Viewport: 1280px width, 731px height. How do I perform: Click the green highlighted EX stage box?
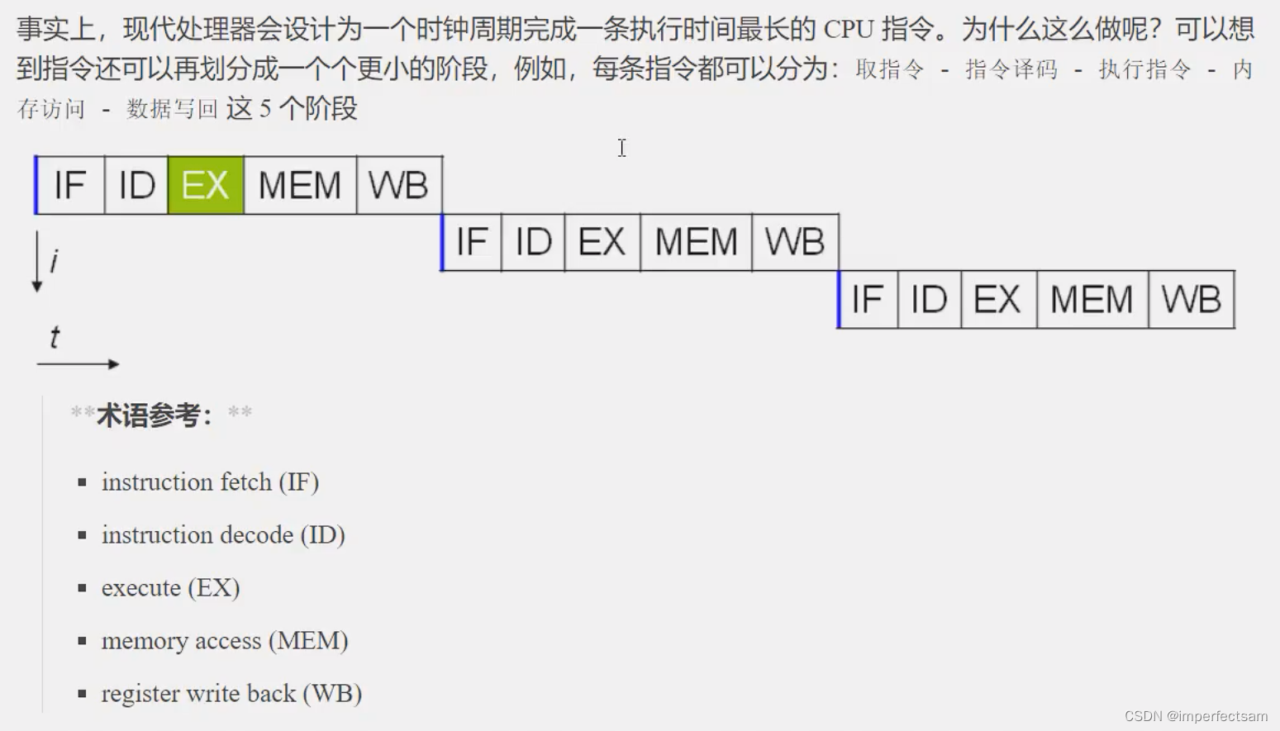pos(206,185)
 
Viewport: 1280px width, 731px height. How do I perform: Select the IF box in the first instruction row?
pos(70,185)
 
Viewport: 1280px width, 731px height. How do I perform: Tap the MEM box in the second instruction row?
pos(696,242)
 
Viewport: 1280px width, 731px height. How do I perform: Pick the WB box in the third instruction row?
pos(1191,299)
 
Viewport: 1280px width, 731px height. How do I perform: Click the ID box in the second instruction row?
pos(533,242)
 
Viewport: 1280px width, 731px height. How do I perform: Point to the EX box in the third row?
pos(997,299)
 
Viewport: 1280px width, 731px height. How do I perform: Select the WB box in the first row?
pos(398,185)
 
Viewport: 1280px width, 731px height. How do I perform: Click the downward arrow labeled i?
pos(37,261)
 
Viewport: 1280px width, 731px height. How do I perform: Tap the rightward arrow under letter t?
pos(79,363)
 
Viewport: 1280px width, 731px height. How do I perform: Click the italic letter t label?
pos(55,337)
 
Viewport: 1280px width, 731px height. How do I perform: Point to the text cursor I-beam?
pos(622,148)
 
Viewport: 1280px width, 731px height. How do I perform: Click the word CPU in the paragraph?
pos(849,30)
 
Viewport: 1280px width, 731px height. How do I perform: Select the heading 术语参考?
pos(154,415)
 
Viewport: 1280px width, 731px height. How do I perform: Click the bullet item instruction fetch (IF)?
pos(210,482)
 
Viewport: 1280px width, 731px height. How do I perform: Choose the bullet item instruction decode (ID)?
pos(223,535)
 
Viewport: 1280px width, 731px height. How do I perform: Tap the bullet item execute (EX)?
pos(170,588)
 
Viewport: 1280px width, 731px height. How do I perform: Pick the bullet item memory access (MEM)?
pos(225,641)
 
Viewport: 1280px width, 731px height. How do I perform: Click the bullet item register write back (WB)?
pos(231,694)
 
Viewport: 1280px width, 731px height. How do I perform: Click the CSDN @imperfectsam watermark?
pos(1195,716)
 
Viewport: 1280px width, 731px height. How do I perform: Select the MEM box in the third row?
pos(1092,299)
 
